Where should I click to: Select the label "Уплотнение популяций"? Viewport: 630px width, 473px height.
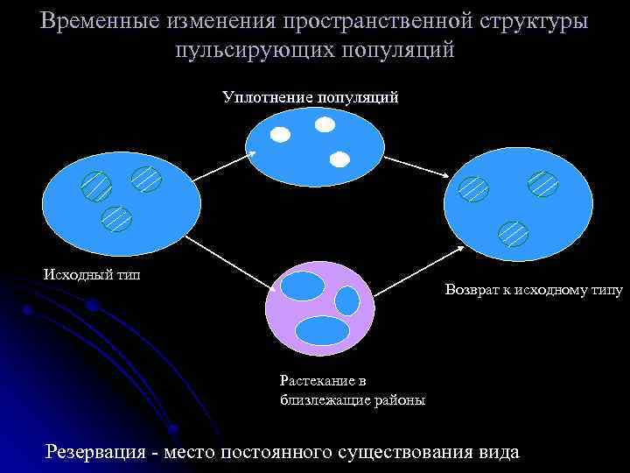[311, 96]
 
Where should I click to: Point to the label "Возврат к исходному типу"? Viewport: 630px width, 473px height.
[533, 288]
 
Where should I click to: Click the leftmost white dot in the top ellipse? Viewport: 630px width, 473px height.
[279, 134]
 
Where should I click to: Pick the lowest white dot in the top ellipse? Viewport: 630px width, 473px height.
[339, 159]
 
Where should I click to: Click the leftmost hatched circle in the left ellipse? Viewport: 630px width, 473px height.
[96, 186]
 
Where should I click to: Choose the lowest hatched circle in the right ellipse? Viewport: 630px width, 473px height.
[514, 232]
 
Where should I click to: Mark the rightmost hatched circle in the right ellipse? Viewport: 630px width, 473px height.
[542, 183]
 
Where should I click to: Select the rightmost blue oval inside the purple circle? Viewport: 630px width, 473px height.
[347, 300]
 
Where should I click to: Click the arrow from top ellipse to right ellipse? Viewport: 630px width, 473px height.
[416, 166]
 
